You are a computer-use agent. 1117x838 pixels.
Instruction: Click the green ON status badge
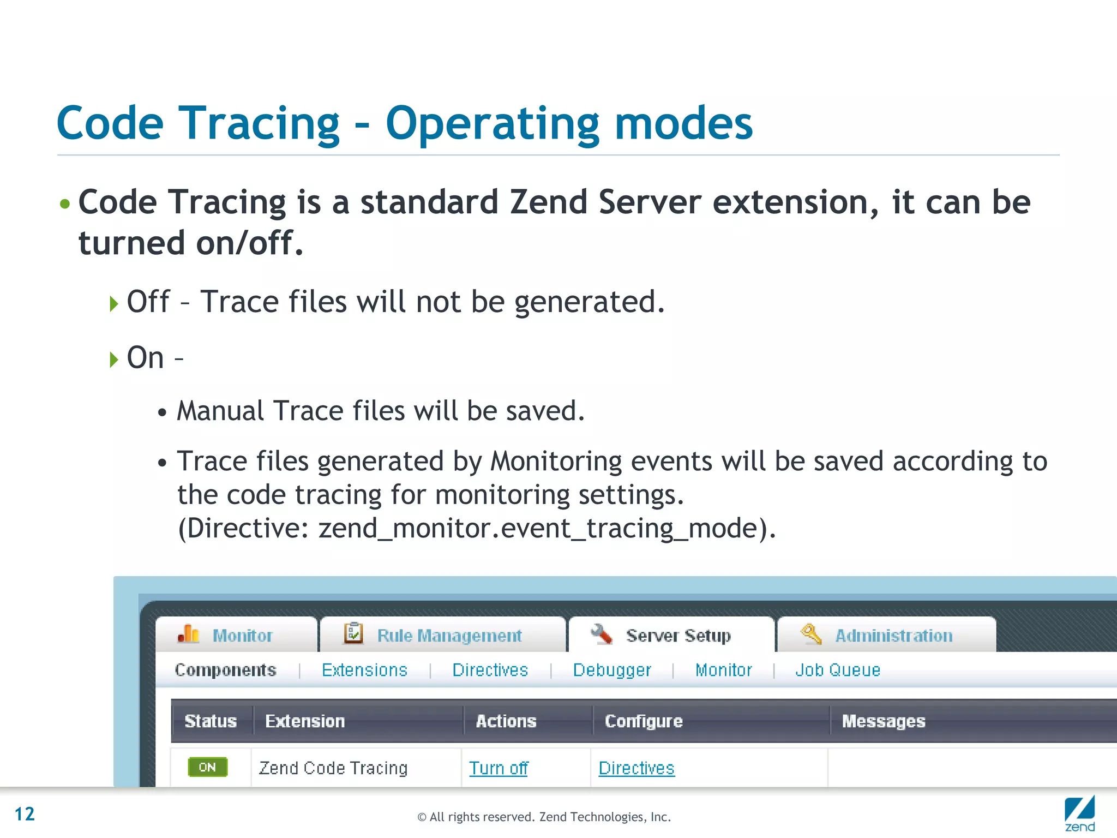point(207,767)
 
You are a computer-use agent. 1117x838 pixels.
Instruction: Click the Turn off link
point(499,768)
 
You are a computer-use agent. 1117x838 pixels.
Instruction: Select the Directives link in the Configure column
point(636,768)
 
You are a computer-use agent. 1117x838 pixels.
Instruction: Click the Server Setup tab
point(671,635)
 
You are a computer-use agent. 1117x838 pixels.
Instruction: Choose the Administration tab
point(886,635)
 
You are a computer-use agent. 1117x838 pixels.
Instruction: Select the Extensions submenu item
point(364,670)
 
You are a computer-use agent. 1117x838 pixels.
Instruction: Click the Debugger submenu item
point(612,670)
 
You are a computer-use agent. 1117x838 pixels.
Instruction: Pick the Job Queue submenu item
point(838,670)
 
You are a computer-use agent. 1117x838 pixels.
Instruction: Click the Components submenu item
point(225,670)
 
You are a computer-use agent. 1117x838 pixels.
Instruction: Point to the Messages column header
point(884,721)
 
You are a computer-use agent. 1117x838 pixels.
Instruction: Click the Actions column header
point(506,721)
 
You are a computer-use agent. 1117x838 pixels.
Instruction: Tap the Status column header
point(211,721)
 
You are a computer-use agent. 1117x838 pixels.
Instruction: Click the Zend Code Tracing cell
point(333,768)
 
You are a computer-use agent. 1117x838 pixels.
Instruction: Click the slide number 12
point(25,814)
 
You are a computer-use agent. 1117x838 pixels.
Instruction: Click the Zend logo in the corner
point(1079,813)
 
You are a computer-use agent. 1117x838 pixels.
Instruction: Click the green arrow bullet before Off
point(113,303)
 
